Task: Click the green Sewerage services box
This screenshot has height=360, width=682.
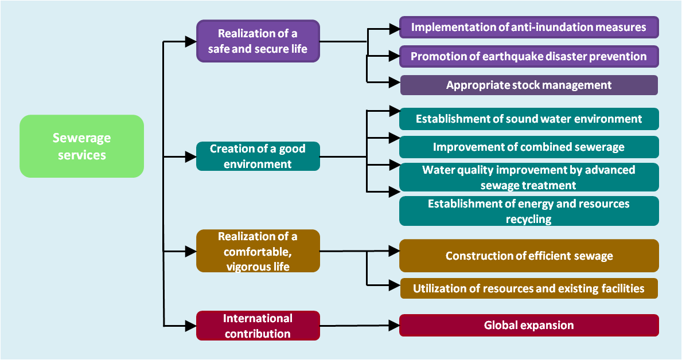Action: pyautogui.click(x=82, y=146)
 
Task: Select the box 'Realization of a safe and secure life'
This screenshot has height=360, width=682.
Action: pyautogui.click(x=258, y=41)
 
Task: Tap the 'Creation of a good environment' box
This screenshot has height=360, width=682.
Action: pyautogui.click(x=258, y=156)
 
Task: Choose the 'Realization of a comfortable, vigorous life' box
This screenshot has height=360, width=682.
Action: pyautogui.click(x=258, y=251)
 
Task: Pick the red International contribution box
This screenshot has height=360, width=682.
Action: pyautogui.click(x=258, y=326)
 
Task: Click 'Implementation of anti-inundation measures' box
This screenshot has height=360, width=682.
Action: pyautogui.click(x=529, y=28)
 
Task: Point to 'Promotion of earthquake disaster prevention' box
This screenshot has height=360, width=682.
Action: pyautogui.click(x=529, y=57)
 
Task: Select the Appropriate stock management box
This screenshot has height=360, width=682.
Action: pyautogui.click(x=529, y=85)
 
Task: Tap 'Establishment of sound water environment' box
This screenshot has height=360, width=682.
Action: pyautogui.click(x=529, y=119)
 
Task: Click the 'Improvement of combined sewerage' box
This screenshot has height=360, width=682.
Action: pyautogui.click(x=529, y=147)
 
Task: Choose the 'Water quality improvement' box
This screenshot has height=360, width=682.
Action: pyautogui.click(x=529, y=177)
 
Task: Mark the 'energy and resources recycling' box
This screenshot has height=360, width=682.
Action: pyautogui.click(x=529, y=211)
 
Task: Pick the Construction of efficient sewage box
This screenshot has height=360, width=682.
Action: pyautogui.click(x=529, y=256)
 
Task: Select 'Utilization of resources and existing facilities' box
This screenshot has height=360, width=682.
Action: pyautogui.click(x=529, y=288)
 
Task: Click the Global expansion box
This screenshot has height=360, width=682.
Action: pyautogui.click(x=529, y=325)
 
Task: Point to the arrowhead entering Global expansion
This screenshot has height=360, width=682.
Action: pyautogui.click(x=394, y=325)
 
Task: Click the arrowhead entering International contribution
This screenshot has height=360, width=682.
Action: pyautogui.click(x=190, y=326)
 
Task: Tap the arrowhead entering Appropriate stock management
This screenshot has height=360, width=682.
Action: pyautogui.click(x=394, y=82)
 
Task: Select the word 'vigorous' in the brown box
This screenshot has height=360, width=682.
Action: pyautogui.click(x=245, y=267)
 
